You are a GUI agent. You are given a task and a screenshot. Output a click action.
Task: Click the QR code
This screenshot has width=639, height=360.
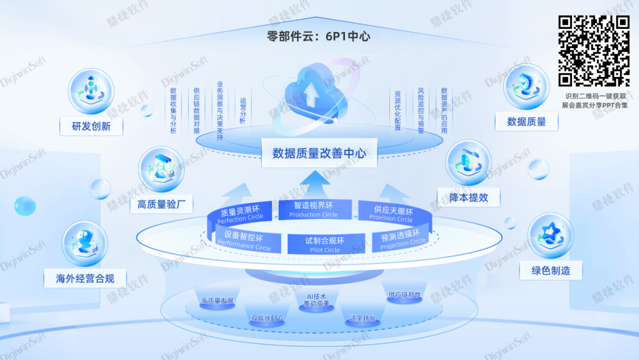(x=594, y=50)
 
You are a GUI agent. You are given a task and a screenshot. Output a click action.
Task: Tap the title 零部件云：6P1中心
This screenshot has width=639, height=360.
(x=319, y=36)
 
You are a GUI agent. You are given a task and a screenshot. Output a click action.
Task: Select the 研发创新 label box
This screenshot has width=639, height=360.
(x=91, y=126)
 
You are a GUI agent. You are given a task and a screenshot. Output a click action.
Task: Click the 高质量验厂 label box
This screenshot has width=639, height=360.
(x=161, y=205)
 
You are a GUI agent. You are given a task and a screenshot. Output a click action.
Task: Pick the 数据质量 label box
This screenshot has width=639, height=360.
(x=526, y=122)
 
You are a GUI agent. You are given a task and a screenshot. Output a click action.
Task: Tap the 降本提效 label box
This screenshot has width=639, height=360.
(x=469, y=198)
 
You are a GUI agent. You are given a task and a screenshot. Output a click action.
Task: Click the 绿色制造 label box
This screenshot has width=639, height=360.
(x=551, y=271)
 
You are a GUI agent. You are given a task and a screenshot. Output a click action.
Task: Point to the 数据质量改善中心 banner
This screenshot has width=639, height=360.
(x=319, y=153)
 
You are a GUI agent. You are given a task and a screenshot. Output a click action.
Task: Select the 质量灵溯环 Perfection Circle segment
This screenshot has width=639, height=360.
(x=240, y=214)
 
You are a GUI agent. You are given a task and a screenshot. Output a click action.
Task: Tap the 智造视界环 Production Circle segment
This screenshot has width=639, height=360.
(x=313, y=210)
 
